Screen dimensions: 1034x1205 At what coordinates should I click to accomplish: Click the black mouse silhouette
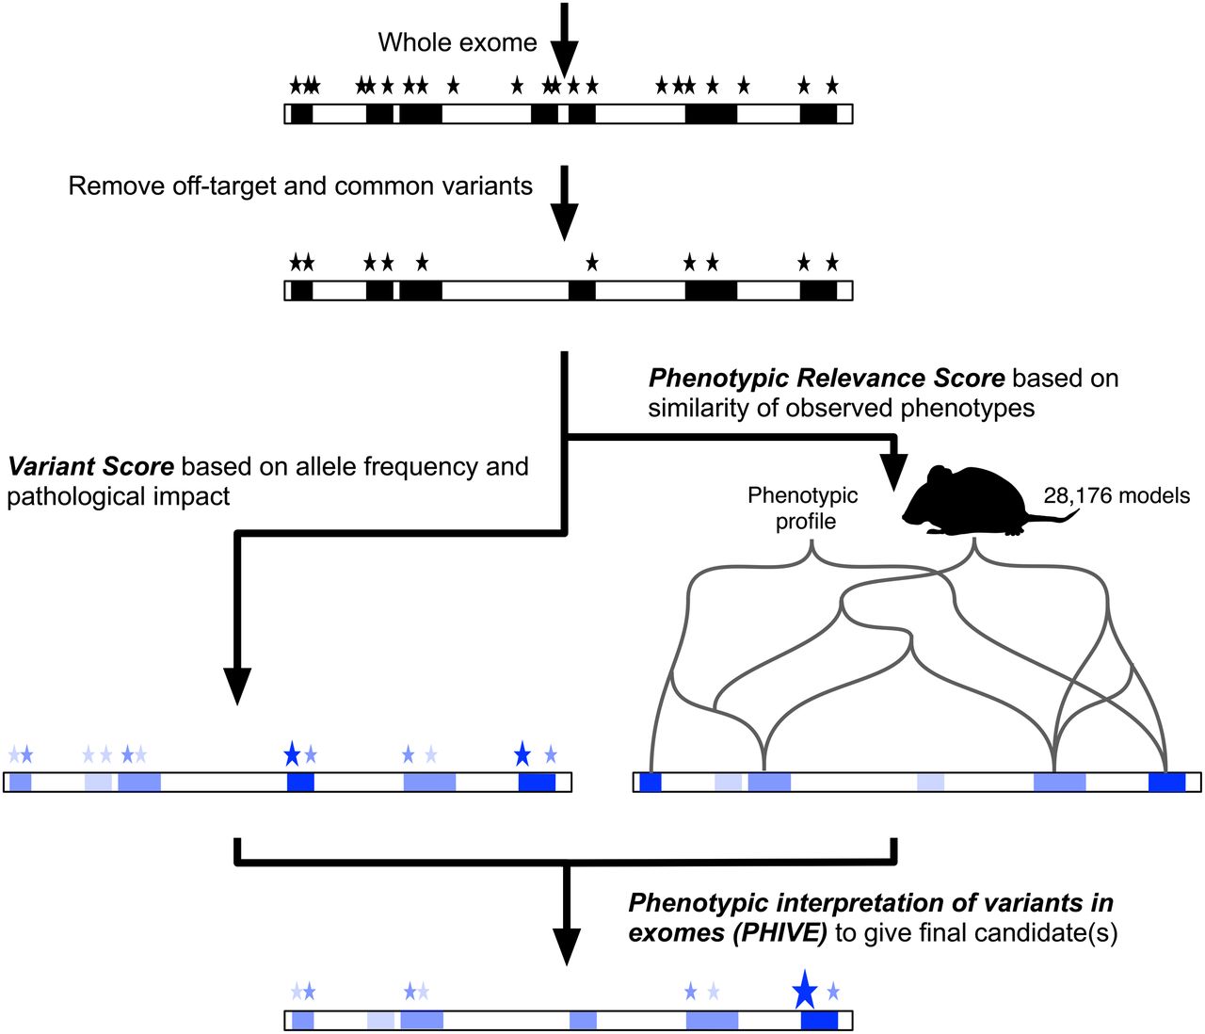[x=970, y=502]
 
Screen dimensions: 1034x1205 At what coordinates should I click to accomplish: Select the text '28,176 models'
[x=1117, y=495]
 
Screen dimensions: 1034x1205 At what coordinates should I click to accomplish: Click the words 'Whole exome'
[x=458, y=42]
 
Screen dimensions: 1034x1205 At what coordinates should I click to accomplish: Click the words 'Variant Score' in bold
[x=91, y=466]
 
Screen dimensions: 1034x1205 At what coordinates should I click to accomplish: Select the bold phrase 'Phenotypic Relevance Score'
[x=827, y=379]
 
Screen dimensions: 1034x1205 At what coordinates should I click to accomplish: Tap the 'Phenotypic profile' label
[x=803, y=508]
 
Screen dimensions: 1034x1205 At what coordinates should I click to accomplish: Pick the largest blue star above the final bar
[x=804, y=989]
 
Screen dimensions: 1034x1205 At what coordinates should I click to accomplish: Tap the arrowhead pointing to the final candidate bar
[x=566, y=945]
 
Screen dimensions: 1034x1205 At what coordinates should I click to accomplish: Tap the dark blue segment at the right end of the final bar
[x=819, y=1021]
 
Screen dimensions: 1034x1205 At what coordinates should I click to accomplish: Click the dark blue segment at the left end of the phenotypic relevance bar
[x=651, y=782]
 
